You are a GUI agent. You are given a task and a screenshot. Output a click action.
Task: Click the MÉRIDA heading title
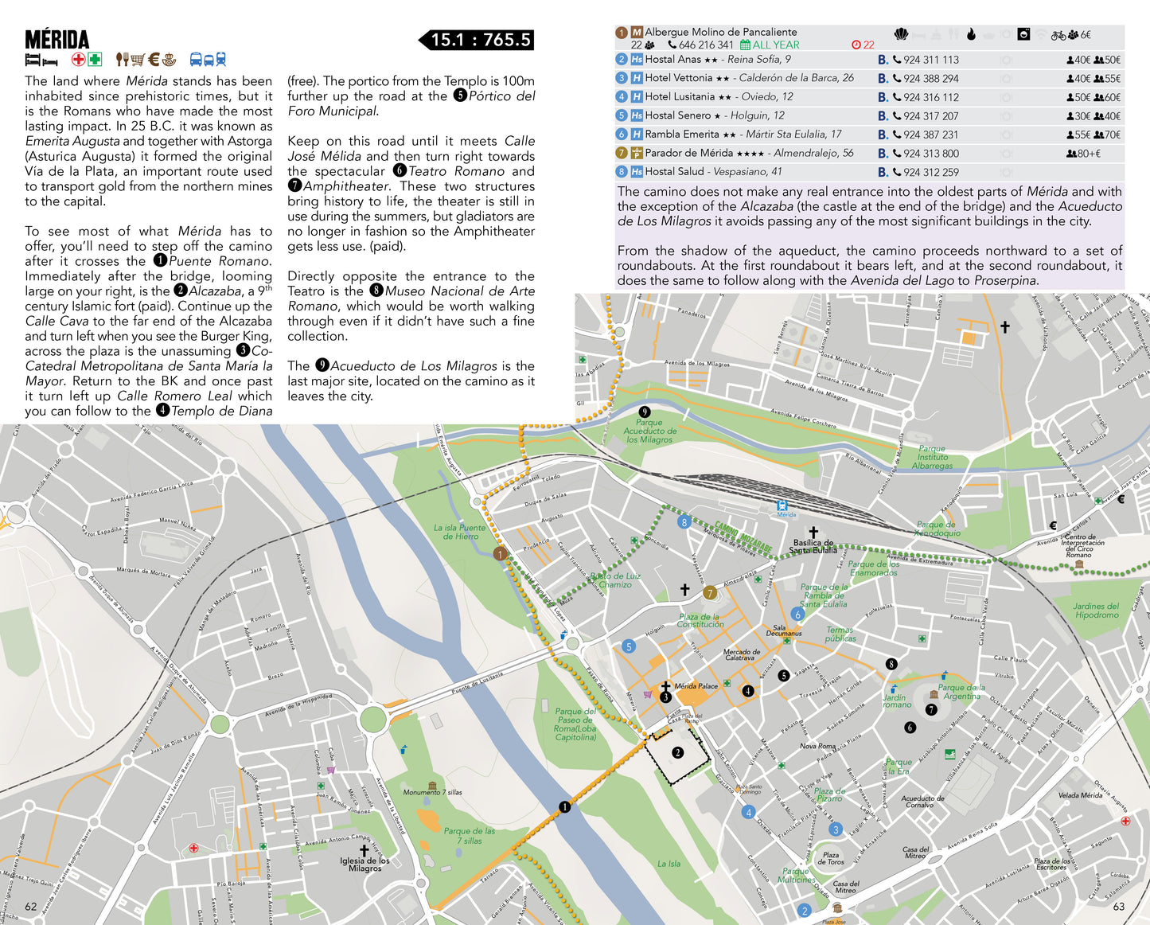click(57, 40)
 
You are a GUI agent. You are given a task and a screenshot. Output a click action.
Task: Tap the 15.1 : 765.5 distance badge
click(480, 40)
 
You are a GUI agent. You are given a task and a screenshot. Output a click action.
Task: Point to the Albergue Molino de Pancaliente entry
click(720, 32)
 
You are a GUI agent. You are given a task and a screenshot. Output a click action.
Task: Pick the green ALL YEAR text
click(775, 45)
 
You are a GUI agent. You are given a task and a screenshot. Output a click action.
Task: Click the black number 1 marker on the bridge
click(564, 807)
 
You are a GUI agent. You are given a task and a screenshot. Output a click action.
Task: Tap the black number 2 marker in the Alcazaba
click(677, 752)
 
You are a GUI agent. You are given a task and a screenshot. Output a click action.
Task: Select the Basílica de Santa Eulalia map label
click(813, 546)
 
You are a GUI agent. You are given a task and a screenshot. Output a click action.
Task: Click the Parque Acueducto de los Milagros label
click(649, 431)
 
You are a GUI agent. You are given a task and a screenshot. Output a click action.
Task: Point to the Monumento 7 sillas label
click(432, 792)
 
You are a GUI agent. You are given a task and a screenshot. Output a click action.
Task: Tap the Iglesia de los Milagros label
click(364, 864)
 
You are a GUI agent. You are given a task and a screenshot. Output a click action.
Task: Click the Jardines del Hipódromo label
click(1096, 611)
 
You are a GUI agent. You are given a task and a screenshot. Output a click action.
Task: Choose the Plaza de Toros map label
click(831, 858)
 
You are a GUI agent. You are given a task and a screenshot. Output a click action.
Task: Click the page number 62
click(31, 906)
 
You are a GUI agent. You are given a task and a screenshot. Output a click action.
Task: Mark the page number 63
click(1118, 906)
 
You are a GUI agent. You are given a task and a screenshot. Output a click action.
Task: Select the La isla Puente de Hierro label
click(458, 532)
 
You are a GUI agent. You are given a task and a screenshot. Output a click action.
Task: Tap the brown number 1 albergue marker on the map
click(500, 553)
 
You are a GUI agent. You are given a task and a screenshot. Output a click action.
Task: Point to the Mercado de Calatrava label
click(741, 654)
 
